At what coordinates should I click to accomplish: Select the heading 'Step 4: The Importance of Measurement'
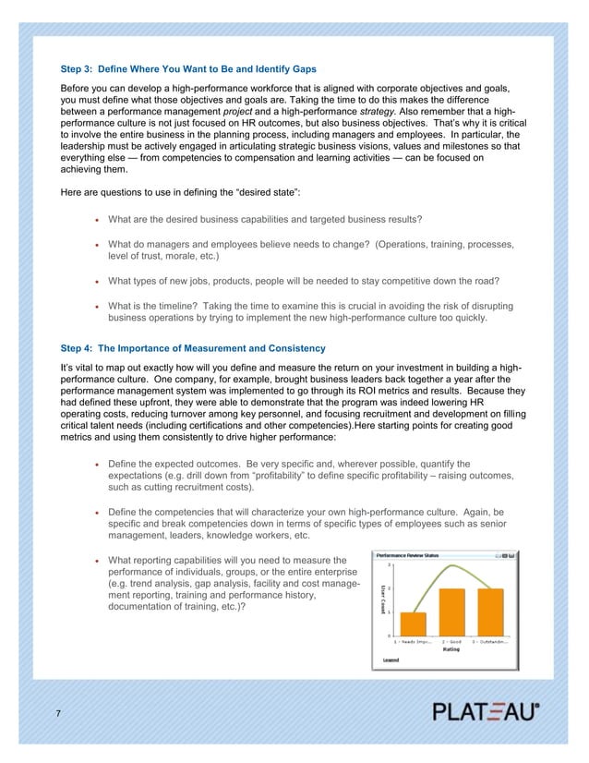point(192,348)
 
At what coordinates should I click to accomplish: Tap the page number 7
point(59,714)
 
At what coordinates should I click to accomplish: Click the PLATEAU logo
point(487,712)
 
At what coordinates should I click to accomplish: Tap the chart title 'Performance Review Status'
point(408,555)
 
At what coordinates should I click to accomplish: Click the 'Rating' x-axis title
point(451,648)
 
